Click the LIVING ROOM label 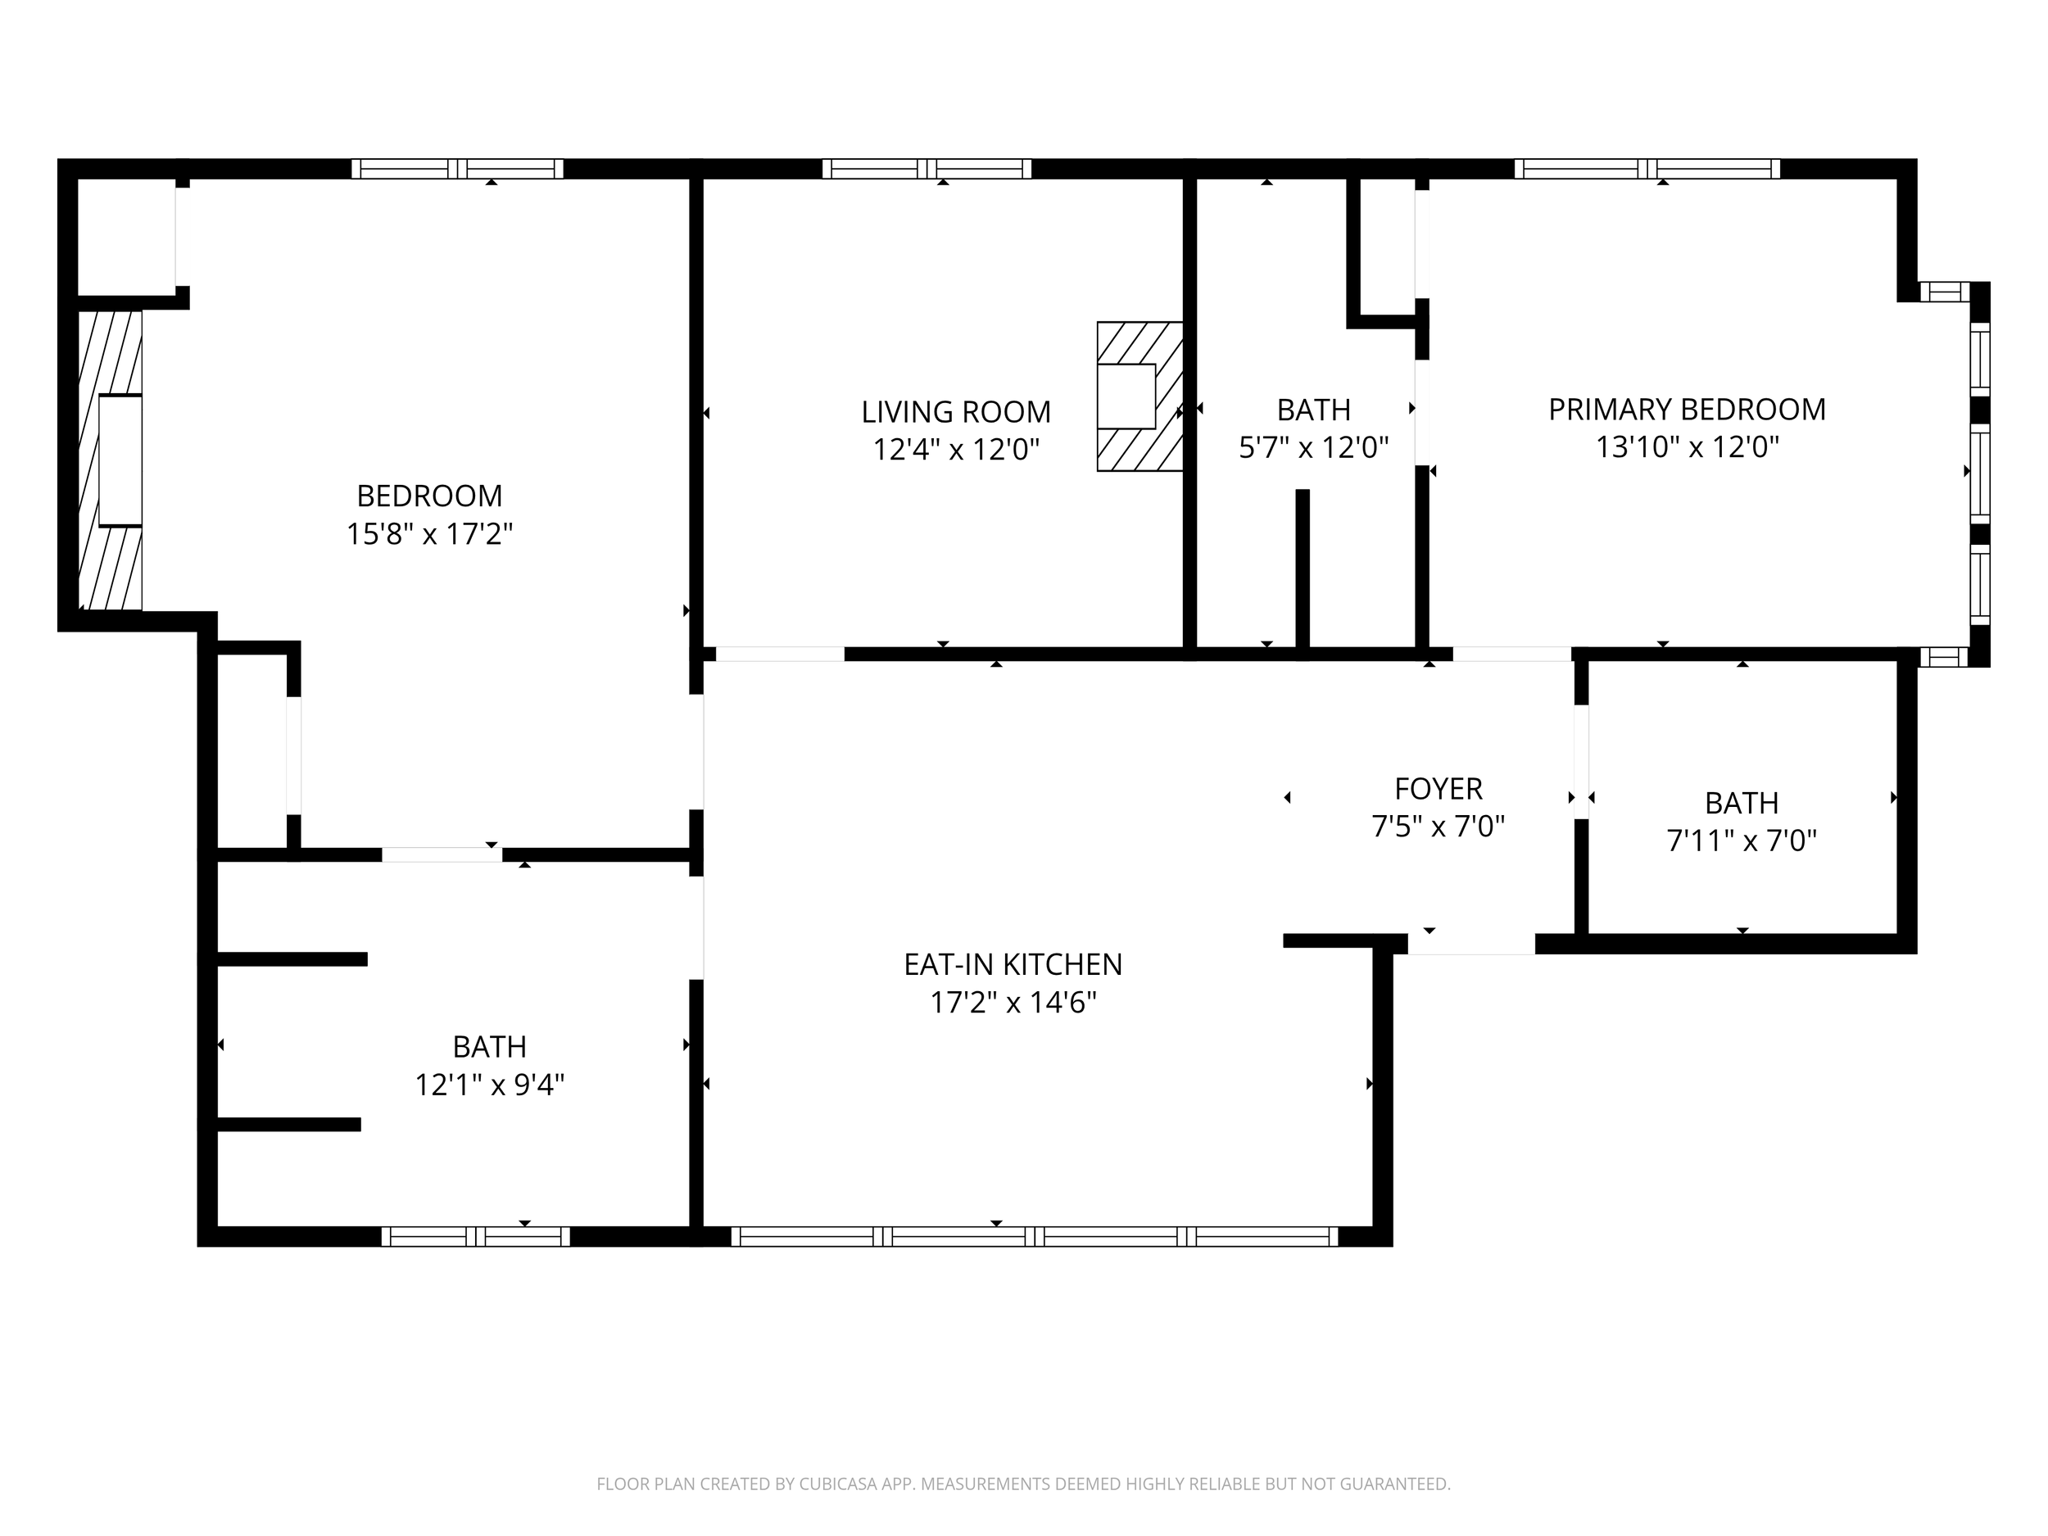click(955, 412)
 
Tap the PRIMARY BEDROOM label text click(1687, 410)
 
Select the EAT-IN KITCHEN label click(1013, 965)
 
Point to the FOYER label click(1438, 789)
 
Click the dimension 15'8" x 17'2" click(429, 534)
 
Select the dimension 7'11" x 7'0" click(1742, 840)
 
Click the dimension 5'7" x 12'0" click(1314, 448)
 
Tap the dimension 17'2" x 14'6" click(1013, 1003)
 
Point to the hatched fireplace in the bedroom click(110, 460)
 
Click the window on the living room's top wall click(927, 169)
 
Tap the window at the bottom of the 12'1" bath click(476, 1236)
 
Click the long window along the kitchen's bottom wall click(1034, 1236)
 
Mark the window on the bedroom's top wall click(457, 169)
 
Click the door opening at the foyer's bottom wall click(1471, 944)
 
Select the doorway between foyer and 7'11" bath click(1581, 761)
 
